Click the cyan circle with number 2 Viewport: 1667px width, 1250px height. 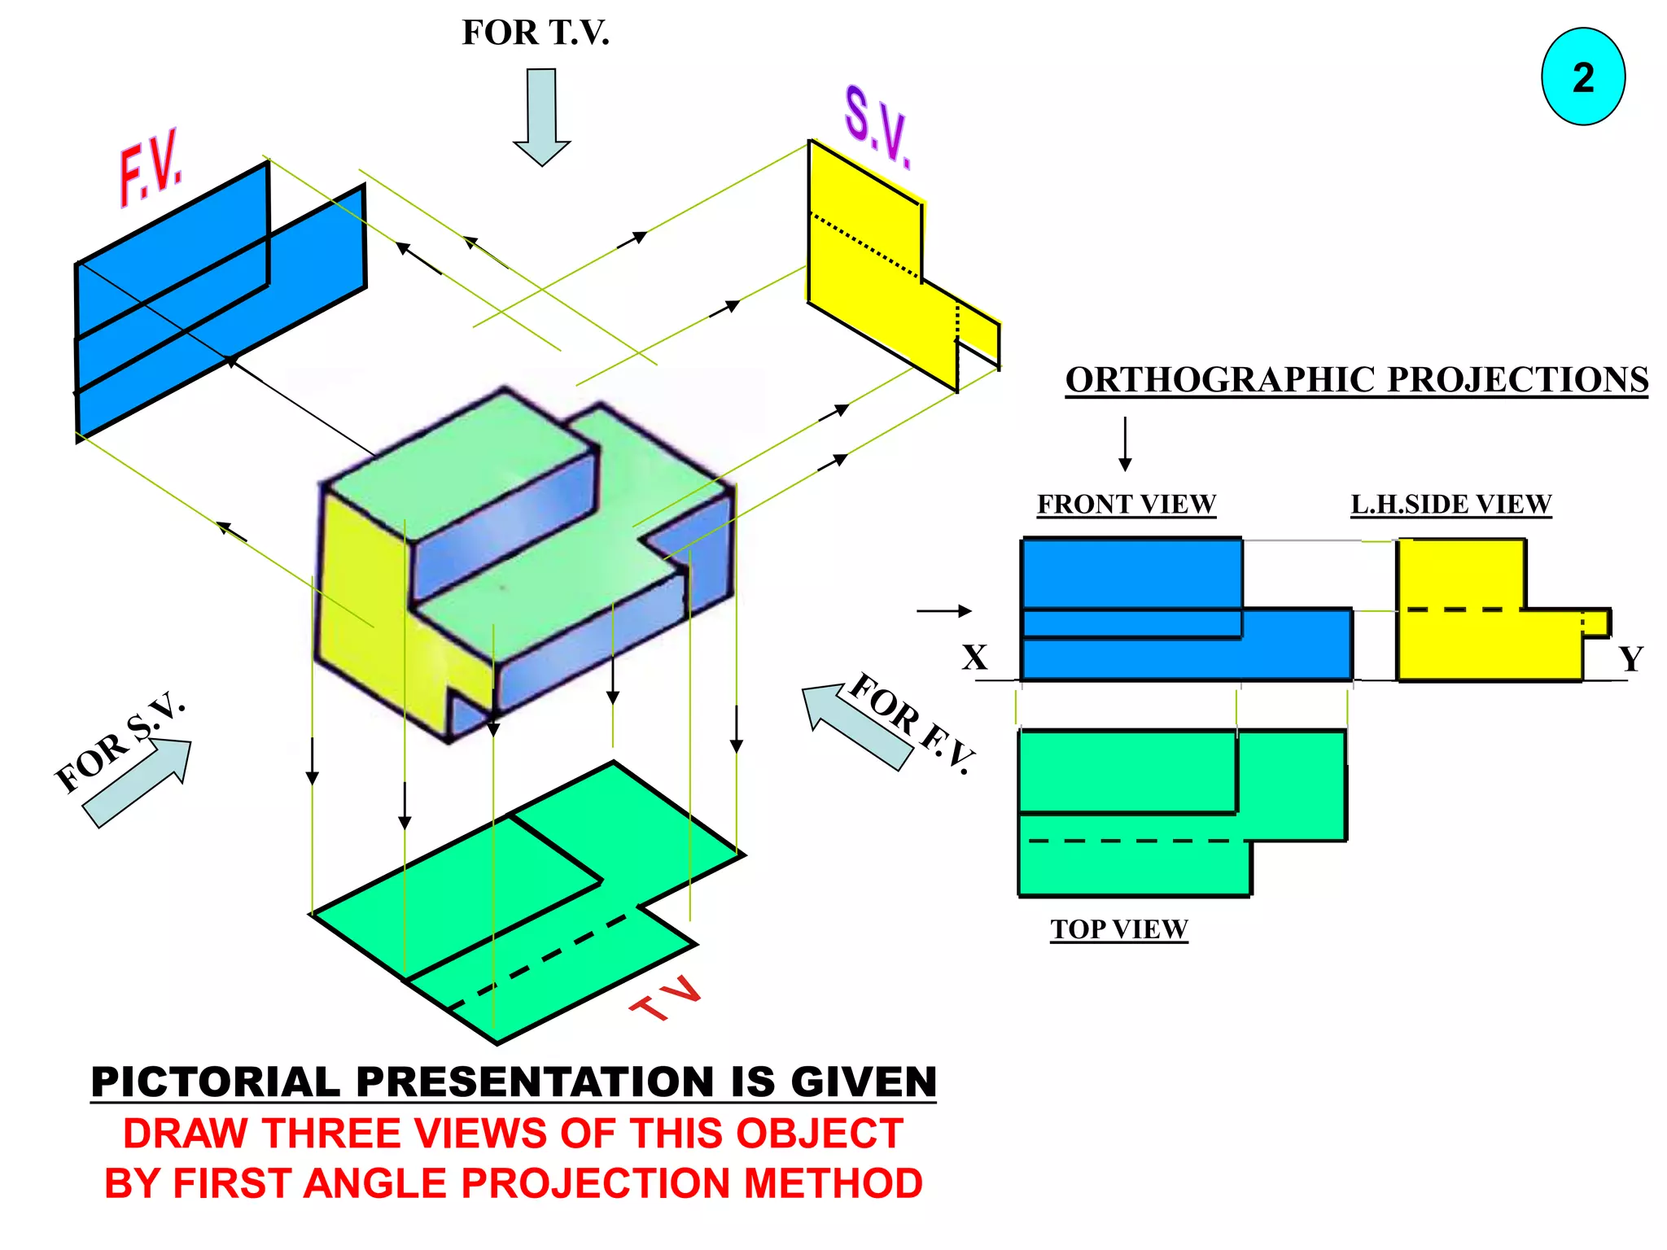click(x=1582, y=76)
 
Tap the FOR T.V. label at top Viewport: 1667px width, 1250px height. click(x=535, y=33)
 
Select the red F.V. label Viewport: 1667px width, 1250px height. click(x=151, y=168)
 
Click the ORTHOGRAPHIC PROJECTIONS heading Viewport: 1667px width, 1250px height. click(x=1356, y=379)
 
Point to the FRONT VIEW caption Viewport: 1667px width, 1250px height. click(x=1126, y=504)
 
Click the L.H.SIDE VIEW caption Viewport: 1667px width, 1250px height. click(x=1450, y=504)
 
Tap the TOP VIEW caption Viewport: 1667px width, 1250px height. click(x=1118, y=929)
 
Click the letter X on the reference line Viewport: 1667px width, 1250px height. click(x=974, y=657)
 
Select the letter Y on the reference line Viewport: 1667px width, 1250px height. click(x=1630, y=658)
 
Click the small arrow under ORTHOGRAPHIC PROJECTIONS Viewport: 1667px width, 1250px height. click(x=1125, y=444)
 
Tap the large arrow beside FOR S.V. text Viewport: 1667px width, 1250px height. click(x=138, y=782)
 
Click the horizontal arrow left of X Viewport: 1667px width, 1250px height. click(x=943, y=610)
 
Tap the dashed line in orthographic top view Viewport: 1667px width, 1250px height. click(x=1131, y=841)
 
